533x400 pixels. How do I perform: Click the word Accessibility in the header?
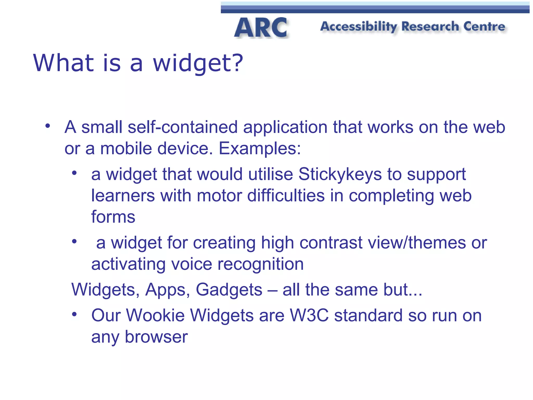359,27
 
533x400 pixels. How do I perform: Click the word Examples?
259,148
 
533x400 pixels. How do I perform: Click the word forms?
113,217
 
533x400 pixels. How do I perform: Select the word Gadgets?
229,290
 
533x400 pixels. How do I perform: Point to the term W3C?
309,315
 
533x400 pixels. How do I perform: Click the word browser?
156,337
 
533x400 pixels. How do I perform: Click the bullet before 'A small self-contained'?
47,126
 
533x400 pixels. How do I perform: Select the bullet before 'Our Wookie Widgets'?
74,314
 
